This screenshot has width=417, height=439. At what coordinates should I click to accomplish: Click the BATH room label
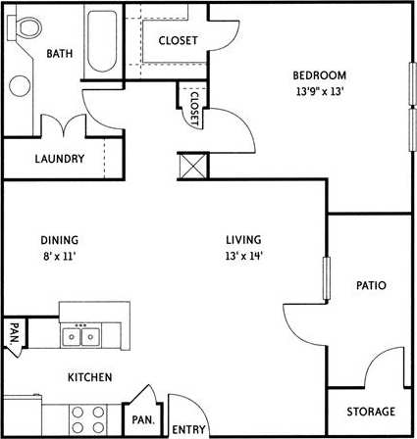click(60, 54)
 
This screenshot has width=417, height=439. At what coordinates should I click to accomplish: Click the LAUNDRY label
click(59, 159)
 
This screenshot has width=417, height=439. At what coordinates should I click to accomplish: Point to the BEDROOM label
click(319, 75)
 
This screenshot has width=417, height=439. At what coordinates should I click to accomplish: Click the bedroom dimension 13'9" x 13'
click(319, 91)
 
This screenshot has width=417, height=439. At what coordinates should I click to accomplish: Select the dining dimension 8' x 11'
click(59, 256)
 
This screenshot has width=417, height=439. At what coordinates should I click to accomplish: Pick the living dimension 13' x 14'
click(242, 256)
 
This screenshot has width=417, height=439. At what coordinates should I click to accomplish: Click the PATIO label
click(370, 286)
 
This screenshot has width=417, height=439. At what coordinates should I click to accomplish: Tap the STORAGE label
click(370, 412)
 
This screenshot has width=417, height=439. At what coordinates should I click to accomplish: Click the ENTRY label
click(188, 429)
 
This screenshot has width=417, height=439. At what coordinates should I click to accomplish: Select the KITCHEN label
click(88, 377)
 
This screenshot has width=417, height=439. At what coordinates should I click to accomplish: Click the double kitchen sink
click(81, 337)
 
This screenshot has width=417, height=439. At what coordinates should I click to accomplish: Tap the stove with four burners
click(86, 419)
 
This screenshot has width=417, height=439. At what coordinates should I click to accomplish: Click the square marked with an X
click(192, 166)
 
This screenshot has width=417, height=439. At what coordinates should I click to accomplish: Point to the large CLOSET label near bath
click(178, 40)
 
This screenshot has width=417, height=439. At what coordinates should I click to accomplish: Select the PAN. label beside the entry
click(142, 419)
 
